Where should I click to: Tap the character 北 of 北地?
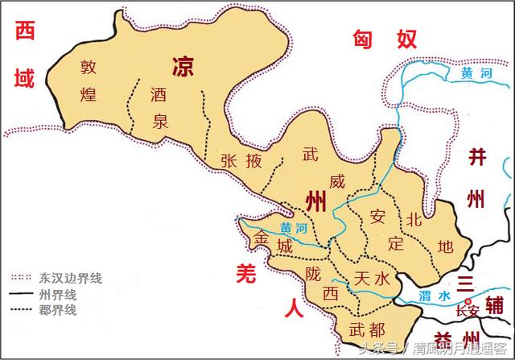point(414,218)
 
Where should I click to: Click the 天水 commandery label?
point(372,279)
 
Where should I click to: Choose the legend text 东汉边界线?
point(69,278)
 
